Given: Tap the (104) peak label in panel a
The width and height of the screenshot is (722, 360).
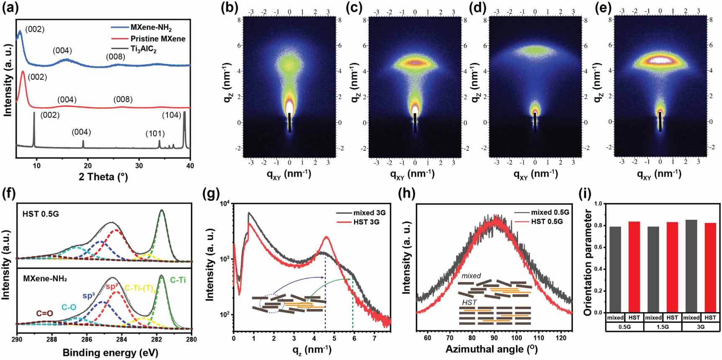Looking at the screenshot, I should click(172, 115).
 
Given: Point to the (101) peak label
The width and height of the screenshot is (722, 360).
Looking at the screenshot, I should click(155, 134).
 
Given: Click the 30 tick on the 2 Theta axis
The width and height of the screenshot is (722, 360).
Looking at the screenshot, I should click(139, 165).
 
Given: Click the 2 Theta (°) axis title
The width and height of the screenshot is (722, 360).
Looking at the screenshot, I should click(103, 177).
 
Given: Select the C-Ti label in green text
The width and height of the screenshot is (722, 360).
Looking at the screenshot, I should click(178, 280).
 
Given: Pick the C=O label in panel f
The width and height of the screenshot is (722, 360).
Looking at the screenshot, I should click(44, 313).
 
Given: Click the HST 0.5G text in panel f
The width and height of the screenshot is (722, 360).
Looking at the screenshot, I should click(41, 214).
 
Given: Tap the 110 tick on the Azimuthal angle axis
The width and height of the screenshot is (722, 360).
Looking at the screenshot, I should click(539, 338).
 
